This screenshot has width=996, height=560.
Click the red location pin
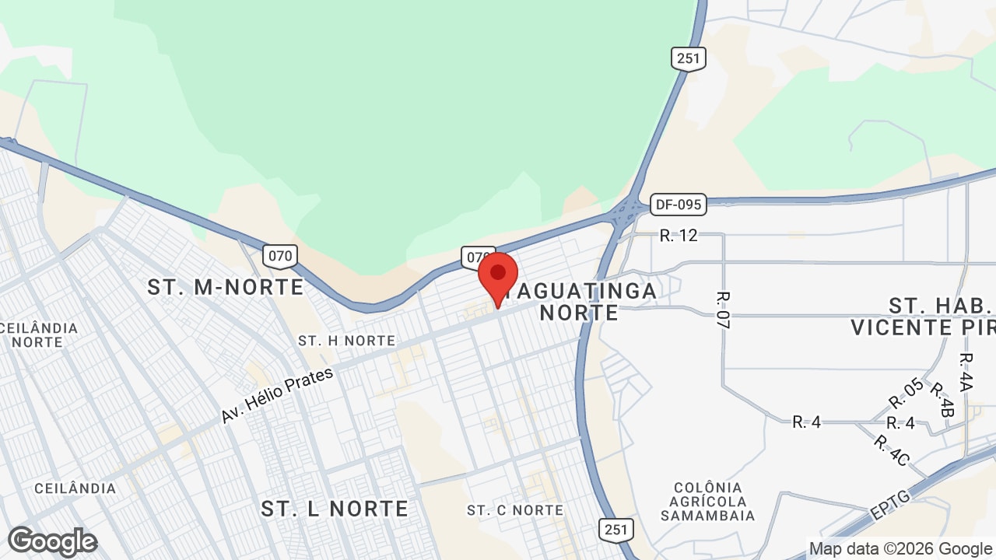(x=498, y=276)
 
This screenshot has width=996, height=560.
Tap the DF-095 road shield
(x=678, y=205)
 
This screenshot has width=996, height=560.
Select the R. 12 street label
(x=679, y=235)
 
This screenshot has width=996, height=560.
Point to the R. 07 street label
(x=723, y=310)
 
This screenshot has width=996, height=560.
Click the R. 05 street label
(x=907, y=393)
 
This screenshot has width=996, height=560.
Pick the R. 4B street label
(x=942, y=400)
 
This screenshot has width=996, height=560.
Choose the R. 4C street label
(x=891, y=450)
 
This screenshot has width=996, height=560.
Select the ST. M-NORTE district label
(x=226, y=287)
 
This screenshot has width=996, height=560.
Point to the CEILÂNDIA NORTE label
(x=39, y=334)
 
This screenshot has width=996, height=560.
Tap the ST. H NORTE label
(x=346, y=341)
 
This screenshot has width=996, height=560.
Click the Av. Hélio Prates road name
(x=277, y=395)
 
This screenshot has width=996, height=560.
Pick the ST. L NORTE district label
(x=335, y=509)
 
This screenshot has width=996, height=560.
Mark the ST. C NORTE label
(x=515, y=510)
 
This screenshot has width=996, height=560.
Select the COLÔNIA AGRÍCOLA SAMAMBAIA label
(x=707, y=501)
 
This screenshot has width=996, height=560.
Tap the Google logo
(x=52, y=541)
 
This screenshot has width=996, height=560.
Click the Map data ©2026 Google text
(x=901, y=549)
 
